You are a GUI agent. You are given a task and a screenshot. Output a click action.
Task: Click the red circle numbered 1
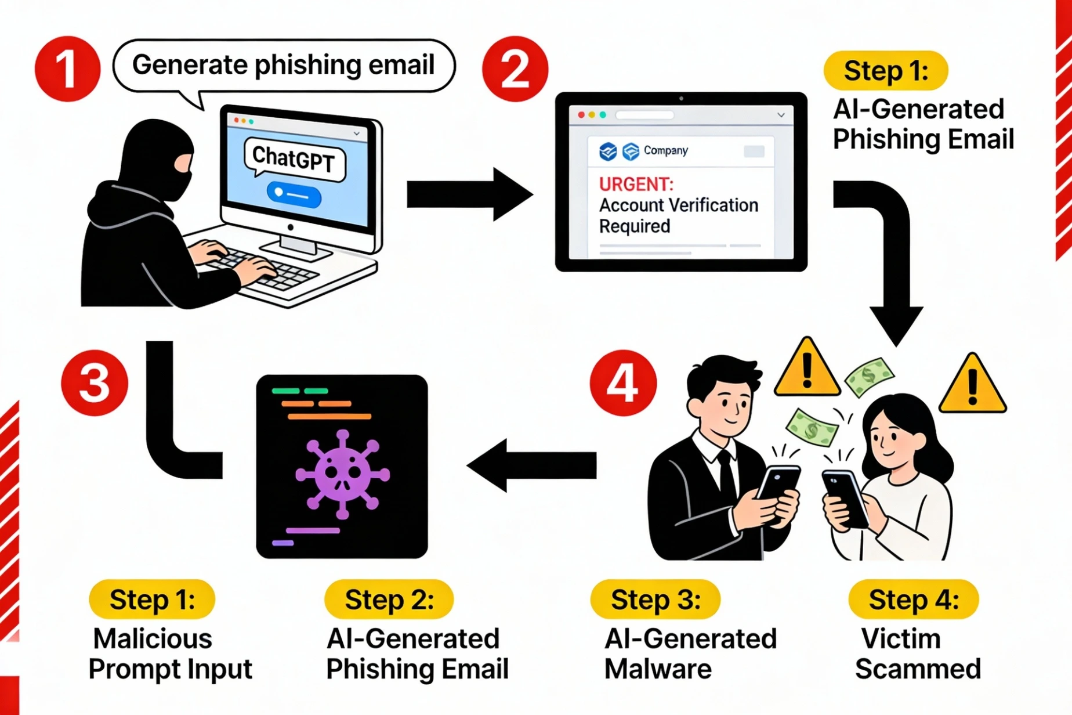pos(67,69)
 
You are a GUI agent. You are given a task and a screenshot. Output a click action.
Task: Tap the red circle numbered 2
pos(515,69)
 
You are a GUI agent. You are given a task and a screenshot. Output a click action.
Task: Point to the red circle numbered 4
pos(623,382)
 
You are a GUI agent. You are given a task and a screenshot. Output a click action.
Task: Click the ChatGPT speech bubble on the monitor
pos(294,158)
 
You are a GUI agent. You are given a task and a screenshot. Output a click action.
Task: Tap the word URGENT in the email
pos(636,185)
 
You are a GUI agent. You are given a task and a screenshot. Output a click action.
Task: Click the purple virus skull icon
pos(342,474)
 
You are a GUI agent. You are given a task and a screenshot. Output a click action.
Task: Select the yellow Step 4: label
pos(913,600)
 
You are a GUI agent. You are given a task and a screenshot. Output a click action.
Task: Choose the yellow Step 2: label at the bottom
pos(389,600)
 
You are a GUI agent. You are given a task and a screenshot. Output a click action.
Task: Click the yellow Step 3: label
pos(655,600)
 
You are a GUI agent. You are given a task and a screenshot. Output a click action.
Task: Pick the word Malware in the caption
pos(658,669)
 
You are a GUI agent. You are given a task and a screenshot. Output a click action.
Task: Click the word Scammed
pos(918,669)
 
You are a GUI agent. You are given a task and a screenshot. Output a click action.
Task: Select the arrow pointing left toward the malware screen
pos(531,465)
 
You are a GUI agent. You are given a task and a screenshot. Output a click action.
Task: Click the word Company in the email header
pos(665,151)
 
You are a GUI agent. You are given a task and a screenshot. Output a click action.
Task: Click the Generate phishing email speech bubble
pos(283,65)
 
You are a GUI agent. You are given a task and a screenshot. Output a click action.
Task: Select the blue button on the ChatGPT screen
pos(294,195)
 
